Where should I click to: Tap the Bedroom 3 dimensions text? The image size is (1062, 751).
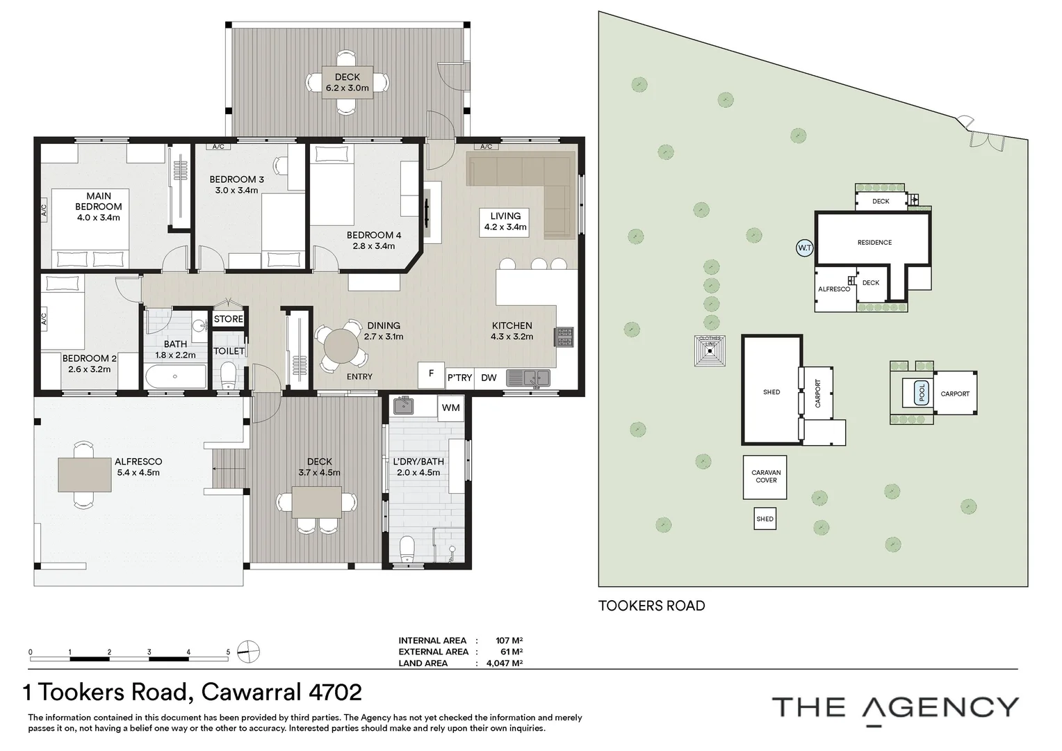click(x=236, y=190)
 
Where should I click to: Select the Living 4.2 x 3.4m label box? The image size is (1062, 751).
click(x=505, y=221)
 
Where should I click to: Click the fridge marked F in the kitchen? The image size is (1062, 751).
click(x=431, y=374)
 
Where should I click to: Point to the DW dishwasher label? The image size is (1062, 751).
click(x=489, y=378)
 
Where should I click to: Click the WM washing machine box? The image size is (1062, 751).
click(x=450, y=407)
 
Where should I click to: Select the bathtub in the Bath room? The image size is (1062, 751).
click(x=176, y=378)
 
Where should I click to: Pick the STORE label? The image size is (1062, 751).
click(x=228, y=319)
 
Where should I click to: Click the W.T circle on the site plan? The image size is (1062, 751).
click(x=804, y=248)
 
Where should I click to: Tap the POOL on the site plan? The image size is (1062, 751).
click(x=922, y=392)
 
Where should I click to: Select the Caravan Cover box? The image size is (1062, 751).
click(x=765, y=477)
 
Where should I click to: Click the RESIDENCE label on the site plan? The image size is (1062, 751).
click(x=874, y=243)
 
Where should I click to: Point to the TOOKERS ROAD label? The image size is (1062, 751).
click(x=651, y=606)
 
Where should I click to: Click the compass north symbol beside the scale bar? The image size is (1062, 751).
click(x=248, y=652)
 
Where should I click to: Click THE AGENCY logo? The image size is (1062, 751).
click(x=895, y=708)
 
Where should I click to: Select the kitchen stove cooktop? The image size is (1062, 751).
click(x=563, y=337)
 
